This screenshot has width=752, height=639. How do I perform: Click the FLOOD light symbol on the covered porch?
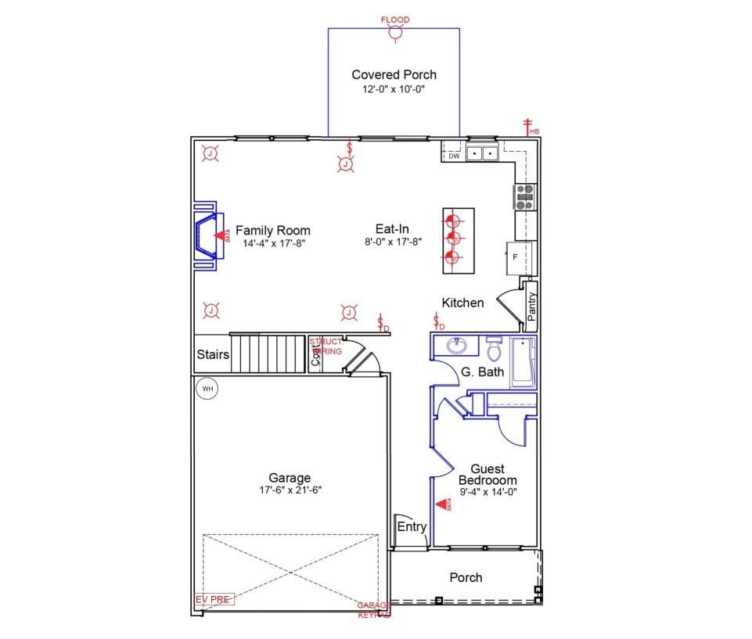point(395,33)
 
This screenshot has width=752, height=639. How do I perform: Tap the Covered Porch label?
point(394,75)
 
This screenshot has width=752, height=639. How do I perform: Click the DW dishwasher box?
point(453,156)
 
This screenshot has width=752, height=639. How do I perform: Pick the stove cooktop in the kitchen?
point(524,197)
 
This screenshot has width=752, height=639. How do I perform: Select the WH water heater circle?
point(207,389)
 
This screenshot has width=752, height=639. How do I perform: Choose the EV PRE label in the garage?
point(214,600)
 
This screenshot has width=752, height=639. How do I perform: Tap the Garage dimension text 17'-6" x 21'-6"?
point(290,490)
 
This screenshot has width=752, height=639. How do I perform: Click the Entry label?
point(412,526)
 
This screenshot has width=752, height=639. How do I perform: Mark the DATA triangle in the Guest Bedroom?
point(441,504)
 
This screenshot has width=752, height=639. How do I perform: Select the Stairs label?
point(213,354)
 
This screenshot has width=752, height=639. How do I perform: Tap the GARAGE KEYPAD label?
point(374,610)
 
